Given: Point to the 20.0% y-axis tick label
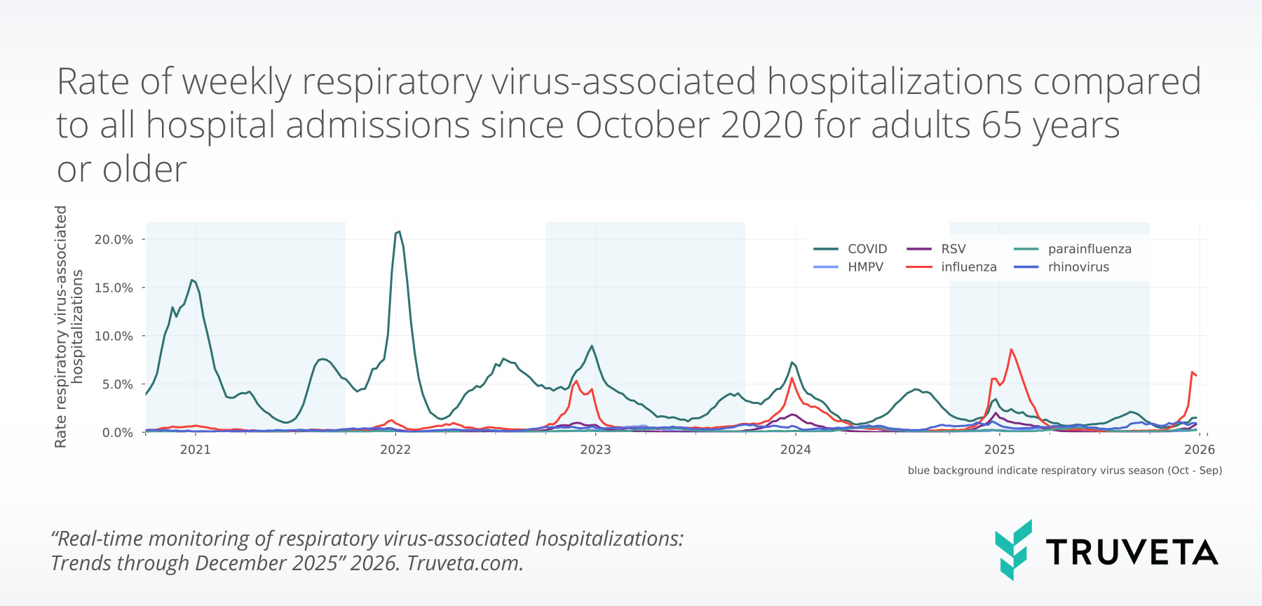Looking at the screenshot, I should pyautogui.click(x=114, y=240).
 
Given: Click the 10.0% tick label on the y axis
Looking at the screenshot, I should pyautogui.click(x=114, y=336).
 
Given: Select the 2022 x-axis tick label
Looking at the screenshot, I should pyautogui.click(x=395, y=450).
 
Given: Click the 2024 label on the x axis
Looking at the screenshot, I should pyautogui.click(x=795, y=450).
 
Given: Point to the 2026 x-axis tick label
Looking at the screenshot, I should pyautogui.click(x=1199, y=450).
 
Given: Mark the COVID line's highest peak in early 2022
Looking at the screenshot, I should pyautogui.click(x=398, y=231).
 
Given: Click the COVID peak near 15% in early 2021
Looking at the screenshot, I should pyautogui.click(x=192, y=280).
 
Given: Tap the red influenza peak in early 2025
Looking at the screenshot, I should pyautogui.click(x=1011, y=349).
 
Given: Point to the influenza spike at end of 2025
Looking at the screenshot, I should pyautogui.click(x=1192, y=372).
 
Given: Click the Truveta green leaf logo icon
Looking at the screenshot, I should pyautogui.click(x=1013, y=550).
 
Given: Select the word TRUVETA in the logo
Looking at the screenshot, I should pyautogui.click(x=1132, y=553).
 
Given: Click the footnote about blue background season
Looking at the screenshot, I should pyautogui.click(x=1064, y=471).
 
